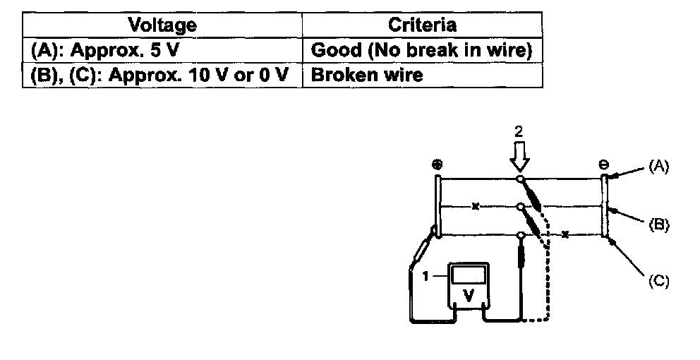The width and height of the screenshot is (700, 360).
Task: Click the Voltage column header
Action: pos(162,25)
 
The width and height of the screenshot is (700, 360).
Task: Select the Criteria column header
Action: pos(422,25)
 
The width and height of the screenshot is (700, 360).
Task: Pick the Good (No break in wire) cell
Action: pos(422,50)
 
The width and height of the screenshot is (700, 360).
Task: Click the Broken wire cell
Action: pos(366,75)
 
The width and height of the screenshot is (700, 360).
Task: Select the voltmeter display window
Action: pos(466,275)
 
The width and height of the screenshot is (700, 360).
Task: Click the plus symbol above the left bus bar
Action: pos(437,164)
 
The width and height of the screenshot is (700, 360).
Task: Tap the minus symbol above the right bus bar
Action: pos(604,164)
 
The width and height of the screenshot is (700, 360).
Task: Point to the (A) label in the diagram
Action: pos(658,167)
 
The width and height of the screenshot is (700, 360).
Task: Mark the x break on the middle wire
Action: pos(476,207)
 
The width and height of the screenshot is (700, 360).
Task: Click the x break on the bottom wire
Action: pos(565,234)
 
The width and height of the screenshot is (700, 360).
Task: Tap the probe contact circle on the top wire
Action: pos(519,179)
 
